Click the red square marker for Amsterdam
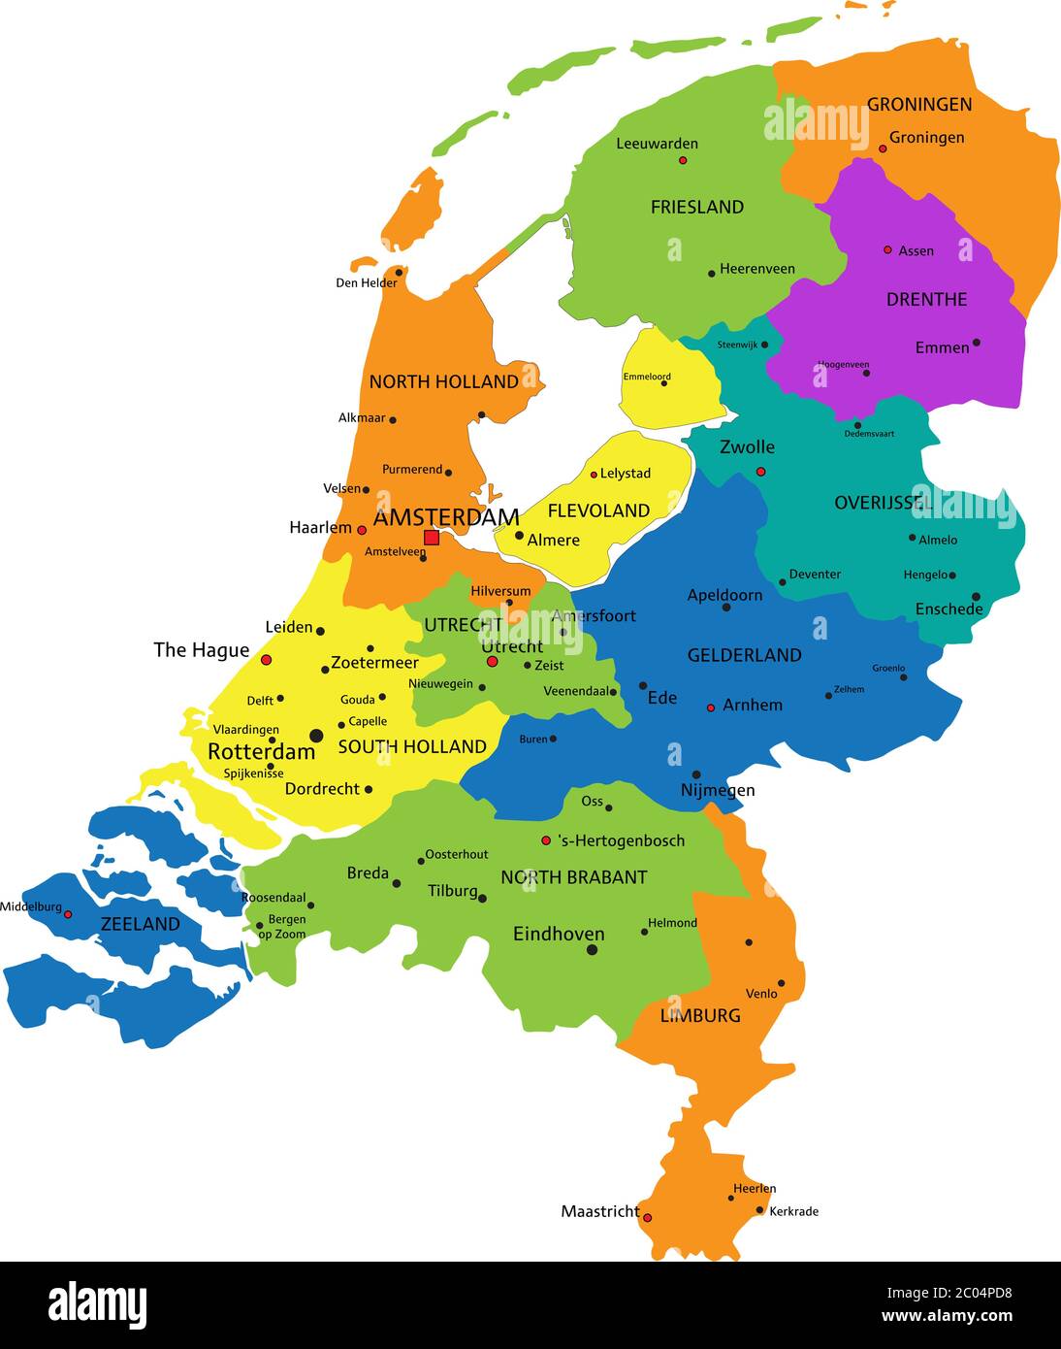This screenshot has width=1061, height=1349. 432,538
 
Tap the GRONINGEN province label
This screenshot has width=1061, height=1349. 918,104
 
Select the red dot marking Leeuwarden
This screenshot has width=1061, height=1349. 683,160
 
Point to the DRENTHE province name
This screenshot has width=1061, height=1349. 926,299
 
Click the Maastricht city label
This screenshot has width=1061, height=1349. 599,1211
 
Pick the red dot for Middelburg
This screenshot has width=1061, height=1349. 68,914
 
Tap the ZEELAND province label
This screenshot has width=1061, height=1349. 141,924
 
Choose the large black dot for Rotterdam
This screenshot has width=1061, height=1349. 315,736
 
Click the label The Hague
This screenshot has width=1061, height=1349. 202,650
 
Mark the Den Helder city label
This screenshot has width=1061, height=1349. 367,283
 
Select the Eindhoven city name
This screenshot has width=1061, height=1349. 559,934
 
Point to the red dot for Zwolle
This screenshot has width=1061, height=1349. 760,472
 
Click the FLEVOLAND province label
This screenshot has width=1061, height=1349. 598,510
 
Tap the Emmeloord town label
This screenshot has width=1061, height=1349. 646,377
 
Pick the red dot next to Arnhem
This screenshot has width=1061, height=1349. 711,707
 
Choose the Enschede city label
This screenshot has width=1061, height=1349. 948,609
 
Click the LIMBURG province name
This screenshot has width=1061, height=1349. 700,1015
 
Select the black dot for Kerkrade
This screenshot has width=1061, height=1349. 760,1210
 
